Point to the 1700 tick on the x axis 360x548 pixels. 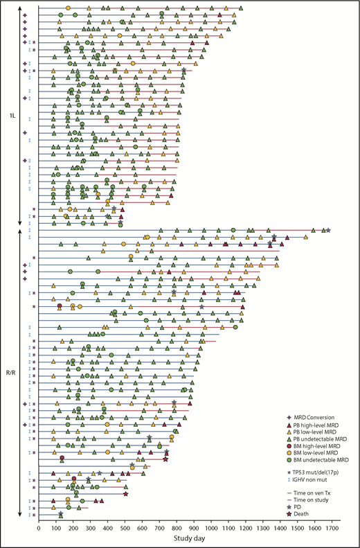330,528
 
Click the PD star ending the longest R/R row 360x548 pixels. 328,230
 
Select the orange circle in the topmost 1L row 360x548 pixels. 68,8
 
